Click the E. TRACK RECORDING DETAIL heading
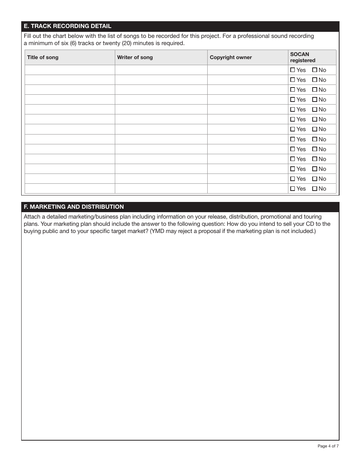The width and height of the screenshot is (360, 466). pos(67,26)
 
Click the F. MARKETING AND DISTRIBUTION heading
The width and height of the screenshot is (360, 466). pos(74,207)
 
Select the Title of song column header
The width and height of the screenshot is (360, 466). pos(42,58)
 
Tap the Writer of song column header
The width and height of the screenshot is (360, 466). pos(135,58)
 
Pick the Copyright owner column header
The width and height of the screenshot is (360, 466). pos(231,58)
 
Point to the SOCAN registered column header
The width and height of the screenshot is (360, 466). pos(302,57)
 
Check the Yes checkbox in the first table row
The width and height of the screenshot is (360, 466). pos(293,70)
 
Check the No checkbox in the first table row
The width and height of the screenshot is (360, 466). pos(315,70)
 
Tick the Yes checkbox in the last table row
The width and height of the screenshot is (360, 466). pos(293,189)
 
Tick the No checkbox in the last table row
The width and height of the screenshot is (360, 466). pos(315,189)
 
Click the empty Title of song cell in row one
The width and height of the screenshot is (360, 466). pos(70,70)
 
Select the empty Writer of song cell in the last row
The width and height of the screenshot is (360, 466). pos(161,189)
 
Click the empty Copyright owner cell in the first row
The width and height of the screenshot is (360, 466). pos(247,70)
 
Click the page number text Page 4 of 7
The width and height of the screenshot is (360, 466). pos(328,446)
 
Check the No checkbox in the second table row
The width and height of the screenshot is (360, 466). pos(315,80)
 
